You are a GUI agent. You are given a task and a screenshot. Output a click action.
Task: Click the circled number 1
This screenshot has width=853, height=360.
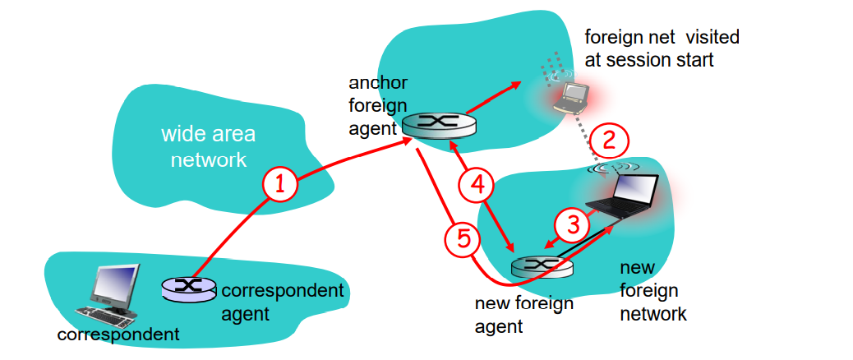point(280,186)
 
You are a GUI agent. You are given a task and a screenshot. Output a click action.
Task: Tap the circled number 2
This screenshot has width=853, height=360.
point(609,140)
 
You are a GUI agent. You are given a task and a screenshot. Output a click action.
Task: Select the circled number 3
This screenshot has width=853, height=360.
point(574,224)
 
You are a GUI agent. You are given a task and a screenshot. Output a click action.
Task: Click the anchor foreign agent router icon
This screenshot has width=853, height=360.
point(438,126)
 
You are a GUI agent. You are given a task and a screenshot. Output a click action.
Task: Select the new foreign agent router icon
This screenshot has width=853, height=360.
point(542,265)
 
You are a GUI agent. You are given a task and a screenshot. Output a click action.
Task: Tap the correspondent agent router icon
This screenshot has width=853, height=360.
point(189,288)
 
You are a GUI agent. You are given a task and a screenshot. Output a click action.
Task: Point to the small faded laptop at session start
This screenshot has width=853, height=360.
point(569,95)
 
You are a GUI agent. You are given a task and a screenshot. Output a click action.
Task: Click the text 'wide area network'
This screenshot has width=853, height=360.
point(208,146)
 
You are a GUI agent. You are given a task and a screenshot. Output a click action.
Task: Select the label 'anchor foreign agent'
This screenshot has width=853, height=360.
point(377,105)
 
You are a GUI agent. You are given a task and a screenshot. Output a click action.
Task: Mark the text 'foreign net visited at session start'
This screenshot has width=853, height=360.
point(661,48)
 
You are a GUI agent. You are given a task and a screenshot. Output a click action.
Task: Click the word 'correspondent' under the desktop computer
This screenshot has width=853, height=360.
point(118,335)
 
